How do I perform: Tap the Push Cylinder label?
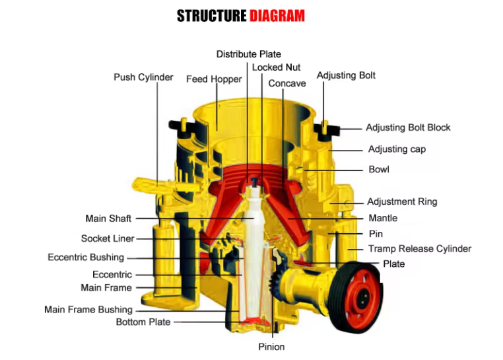[x=143, y=77]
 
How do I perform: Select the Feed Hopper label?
[x=214, y=79]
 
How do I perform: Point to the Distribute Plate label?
[x=248, y=54]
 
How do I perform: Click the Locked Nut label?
[x=276, y=67]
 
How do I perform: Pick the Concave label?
[x=287, y=83]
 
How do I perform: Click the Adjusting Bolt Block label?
[x=408, y=127]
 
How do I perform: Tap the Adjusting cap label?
[x=397, y=149]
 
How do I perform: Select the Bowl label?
[x=379, y=170]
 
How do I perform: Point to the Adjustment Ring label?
[x=402, y=201]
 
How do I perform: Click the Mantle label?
[x=383, y=218]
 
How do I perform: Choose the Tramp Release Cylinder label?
[x=420, y=249]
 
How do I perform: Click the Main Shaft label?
[x=108, y=219]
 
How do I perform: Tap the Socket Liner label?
[x=108, y=238]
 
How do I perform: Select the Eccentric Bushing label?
[x=86, y=257]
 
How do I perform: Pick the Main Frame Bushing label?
[x=88, y=309]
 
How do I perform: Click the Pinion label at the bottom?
[x=271, y=346]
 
